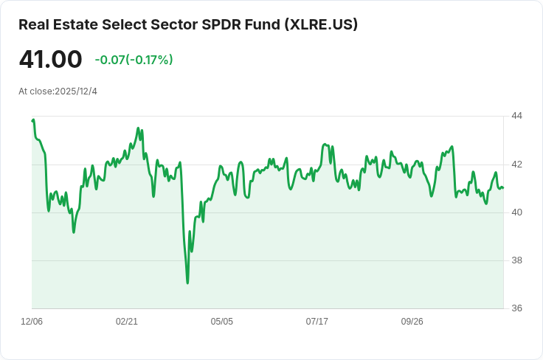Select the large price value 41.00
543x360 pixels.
(50, 59)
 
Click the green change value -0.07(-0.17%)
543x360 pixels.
(134, 60)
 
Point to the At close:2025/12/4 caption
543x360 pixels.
(58, 91)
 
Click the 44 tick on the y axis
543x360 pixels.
(516, 116)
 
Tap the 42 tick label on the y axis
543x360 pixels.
(516, 164)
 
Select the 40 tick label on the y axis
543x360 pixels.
(516, 212)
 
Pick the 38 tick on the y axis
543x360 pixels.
(516, 260)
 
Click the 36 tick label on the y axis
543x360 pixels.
(516, 308)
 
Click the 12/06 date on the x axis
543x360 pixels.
(32, 322)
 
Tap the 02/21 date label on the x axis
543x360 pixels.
(127, 322)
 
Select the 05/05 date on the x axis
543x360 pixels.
(222, 322)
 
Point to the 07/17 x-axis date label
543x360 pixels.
(317, 322)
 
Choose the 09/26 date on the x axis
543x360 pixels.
(412, 322)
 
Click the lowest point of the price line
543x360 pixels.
(187, 283)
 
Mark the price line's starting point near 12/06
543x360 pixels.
(32, 120)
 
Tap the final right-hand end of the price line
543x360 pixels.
(503, 188)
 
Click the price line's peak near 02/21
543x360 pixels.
(139, 128)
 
